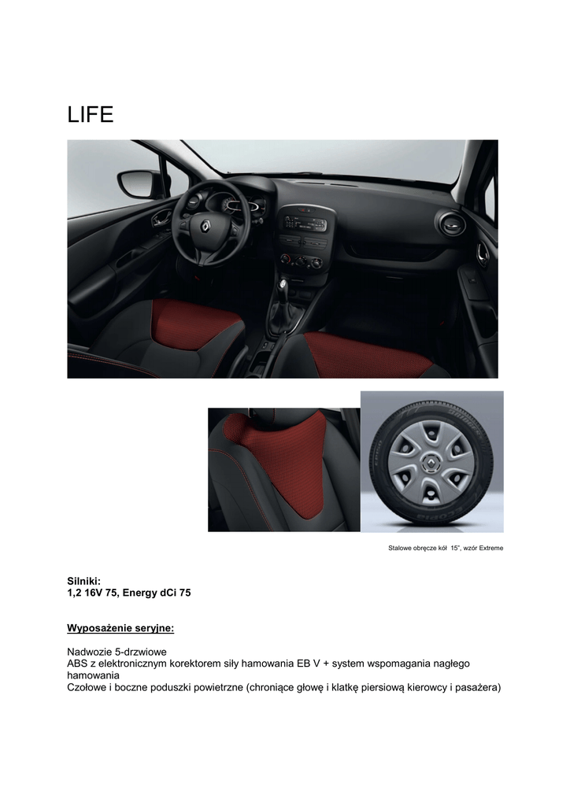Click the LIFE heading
(91, 116)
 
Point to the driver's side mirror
(139, 183)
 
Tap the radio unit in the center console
(305, 224)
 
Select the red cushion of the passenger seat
(366, 354)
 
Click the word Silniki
(83, 580)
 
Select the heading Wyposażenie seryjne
(120, 629)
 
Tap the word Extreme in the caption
(488, 548)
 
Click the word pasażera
(477, 687)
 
